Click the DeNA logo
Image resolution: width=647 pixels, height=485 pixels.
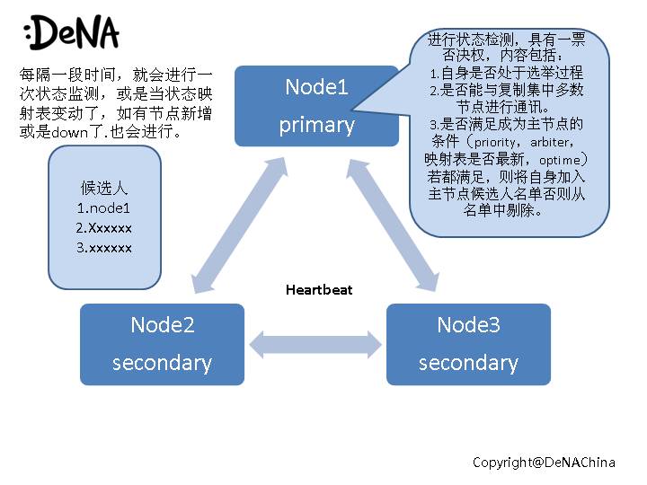point(72,33)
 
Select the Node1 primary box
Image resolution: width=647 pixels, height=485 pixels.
point(316,105)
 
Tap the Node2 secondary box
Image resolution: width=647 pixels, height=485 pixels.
point(162,344)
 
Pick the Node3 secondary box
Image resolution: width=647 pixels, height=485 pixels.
point(468,344)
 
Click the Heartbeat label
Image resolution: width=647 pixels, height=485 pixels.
point(319,289)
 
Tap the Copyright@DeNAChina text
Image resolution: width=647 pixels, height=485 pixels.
point(545,462)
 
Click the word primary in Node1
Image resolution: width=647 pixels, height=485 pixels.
point(316,125)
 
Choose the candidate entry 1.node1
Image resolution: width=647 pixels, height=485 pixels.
point(104,207)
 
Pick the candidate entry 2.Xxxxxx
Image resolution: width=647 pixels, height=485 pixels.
point(104,227)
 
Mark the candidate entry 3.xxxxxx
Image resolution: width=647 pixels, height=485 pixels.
point(104,247)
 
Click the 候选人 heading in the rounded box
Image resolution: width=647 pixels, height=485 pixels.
point(104,189)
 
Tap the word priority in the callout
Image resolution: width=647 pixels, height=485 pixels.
point(495,142)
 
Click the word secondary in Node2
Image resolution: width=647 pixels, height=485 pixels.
point(162,363)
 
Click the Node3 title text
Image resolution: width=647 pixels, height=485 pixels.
point(468,324)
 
